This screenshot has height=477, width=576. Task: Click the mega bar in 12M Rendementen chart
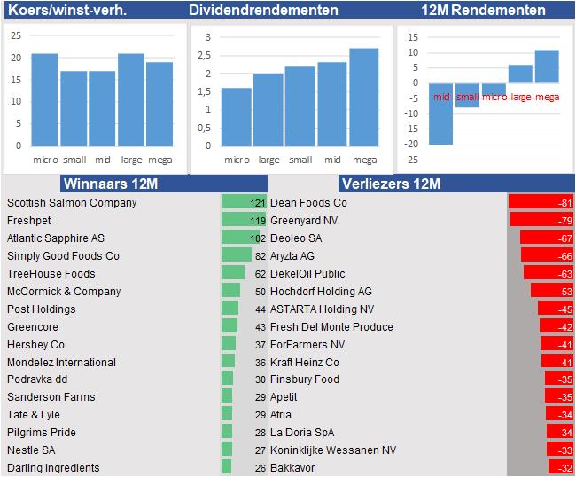(x=547, y=66)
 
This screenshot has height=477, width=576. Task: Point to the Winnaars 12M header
(x=111, y=184)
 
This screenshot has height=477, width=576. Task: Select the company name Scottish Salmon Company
(x=72, y=203)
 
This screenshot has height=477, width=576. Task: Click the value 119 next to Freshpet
(x=257, y=221)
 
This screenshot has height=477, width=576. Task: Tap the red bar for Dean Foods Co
(x=541, y=203)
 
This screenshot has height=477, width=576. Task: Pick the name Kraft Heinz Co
(x=305, y=363)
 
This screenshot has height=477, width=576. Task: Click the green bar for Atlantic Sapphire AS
(x=240, y=238)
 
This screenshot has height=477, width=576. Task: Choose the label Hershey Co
(x=35, y=345)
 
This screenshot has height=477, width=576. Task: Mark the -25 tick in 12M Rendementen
(x=410, y=160)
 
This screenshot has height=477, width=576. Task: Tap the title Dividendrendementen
(x=263, y=11)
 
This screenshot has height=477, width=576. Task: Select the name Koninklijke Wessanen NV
(x=333, y=450)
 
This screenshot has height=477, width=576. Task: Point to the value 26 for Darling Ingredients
(x=260, y=468)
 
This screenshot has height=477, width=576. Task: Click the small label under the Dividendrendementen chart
(x=300, y=160)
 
